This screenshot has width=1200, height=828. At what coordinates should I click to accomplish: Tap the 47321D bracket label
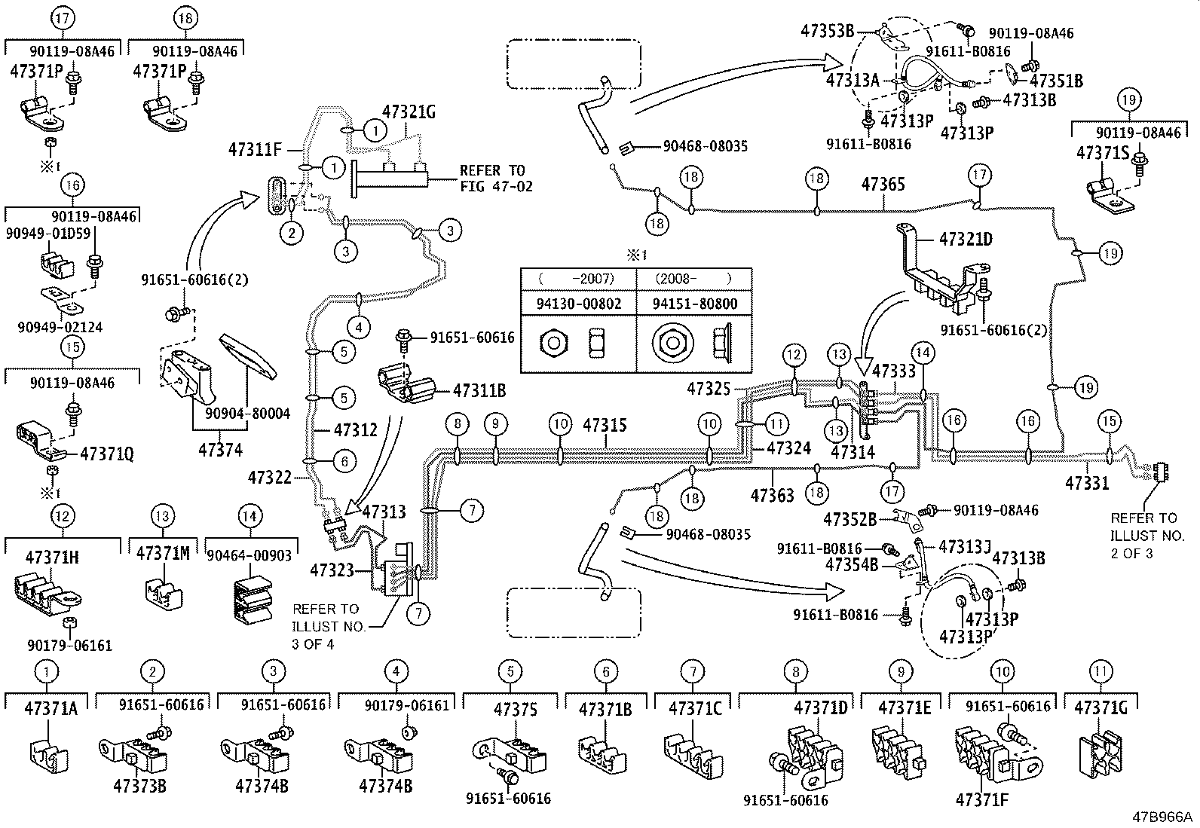pos(966,240)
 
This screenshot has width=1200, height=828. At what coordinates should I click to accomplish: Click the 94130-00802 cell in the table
pos(578,304)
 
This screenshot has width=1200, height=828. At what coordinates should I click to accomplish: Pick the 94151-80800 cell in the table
pos(694,304)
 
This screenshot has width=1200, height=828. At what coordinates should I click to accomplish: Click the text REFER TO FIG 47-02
pos(495,178)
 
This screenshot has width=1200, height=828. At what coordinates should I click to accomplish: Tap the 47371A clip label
pos(51,709)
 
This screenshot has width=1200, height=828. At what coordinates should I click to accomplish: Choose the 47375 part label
pos(516,710)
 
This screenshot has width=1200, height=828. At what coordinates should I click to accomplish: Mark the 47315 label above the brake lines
pos(604,426)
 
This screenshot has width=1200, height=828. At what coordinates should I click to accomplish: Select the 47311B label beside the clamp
pos(479,391)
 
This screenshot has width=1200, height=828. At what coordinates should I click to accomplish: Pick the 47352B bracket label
pos(849,519)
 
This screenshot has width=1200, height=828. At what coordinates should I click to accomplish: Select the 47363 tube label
pos(772,495)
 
